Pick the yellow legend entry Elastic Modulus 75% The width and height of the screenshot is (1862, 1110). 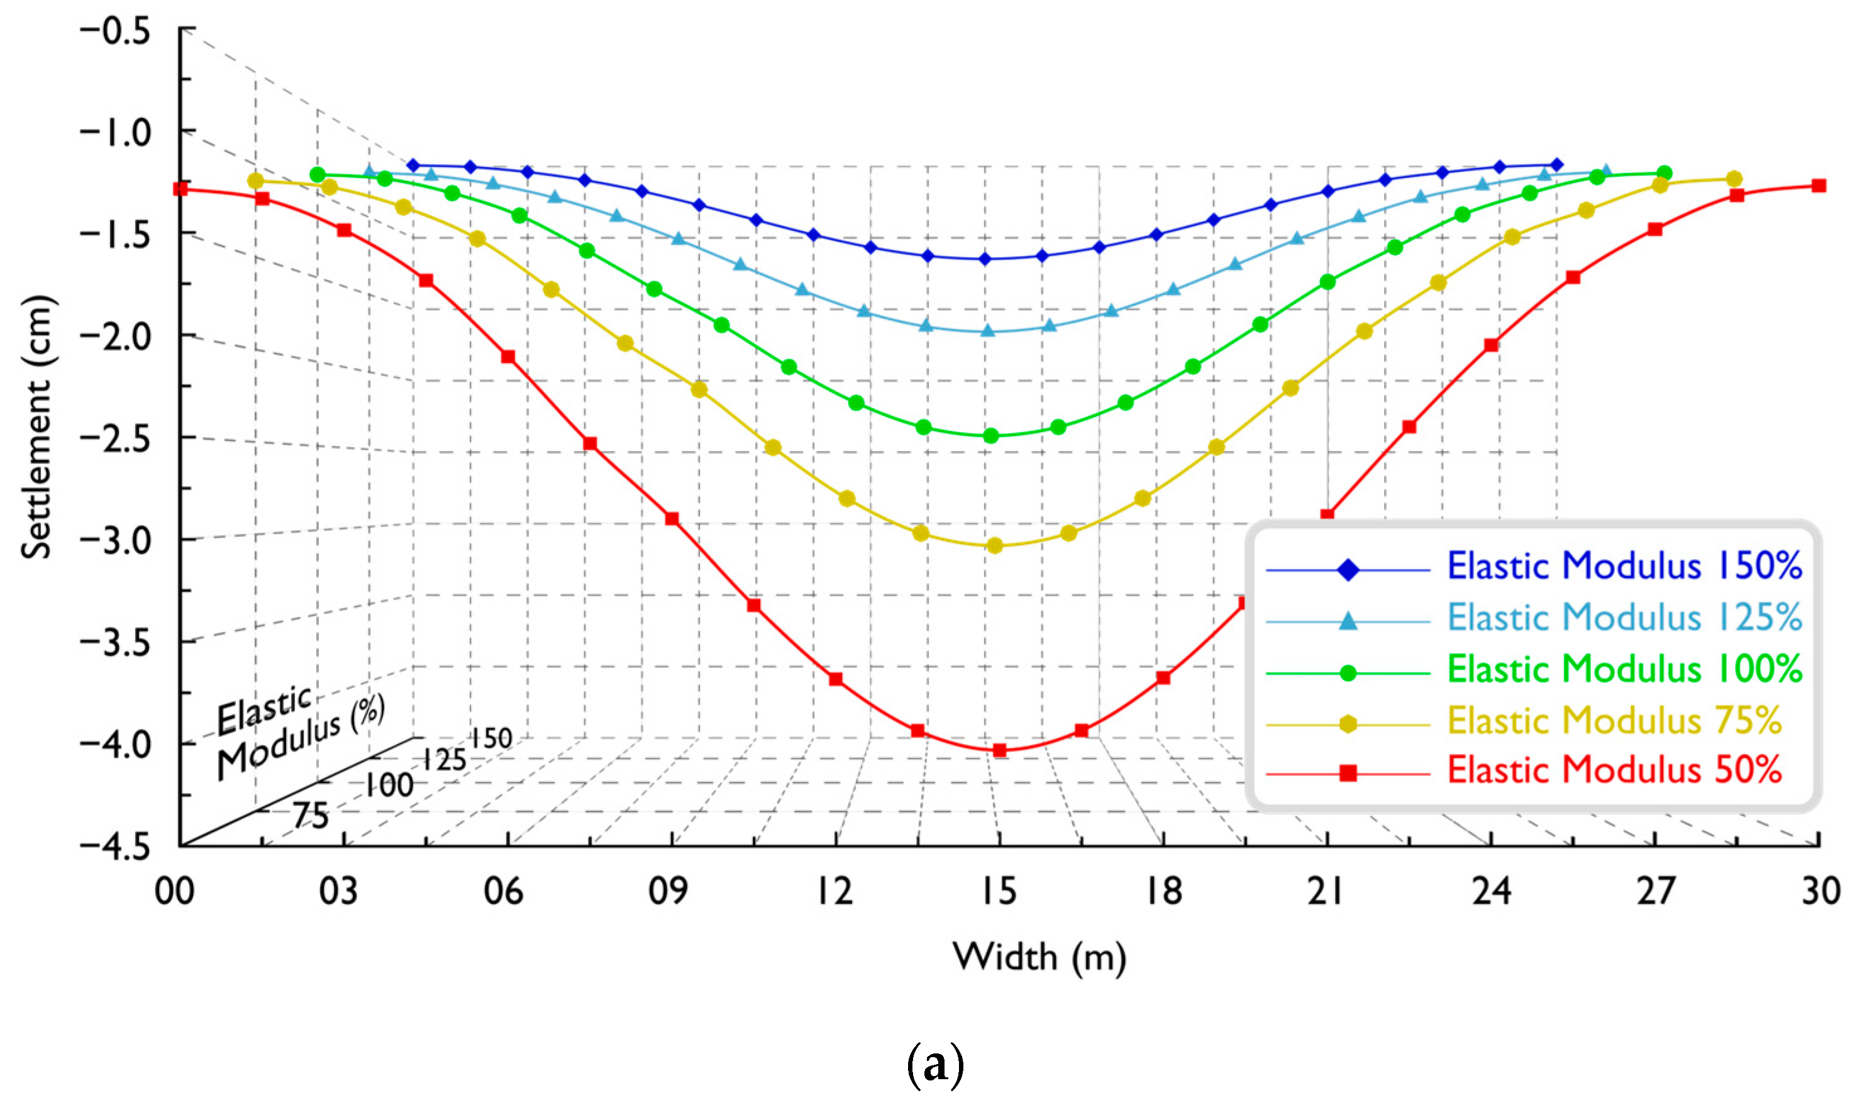pos(1614,720)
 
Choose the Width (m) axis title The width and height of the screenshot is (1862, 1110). pos(1039,957)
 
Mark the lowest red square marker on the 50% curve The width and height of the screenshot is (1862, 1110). pos(1000,750)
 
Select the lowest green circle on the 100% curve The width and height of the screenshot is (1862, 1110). pos(991,436)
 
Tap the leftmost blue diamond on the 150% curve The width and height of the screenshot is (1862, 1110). pos(413,165)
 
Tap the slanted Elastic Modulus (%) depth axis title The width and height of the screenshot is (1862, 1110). pos(299,733)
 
